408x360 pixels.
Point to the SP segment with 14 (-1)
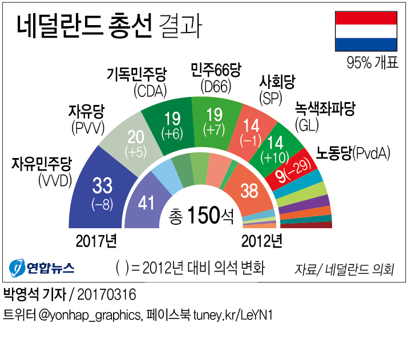[x=253, y=134]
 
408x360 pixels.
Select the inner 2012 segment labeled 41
[x=147, y=203]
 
